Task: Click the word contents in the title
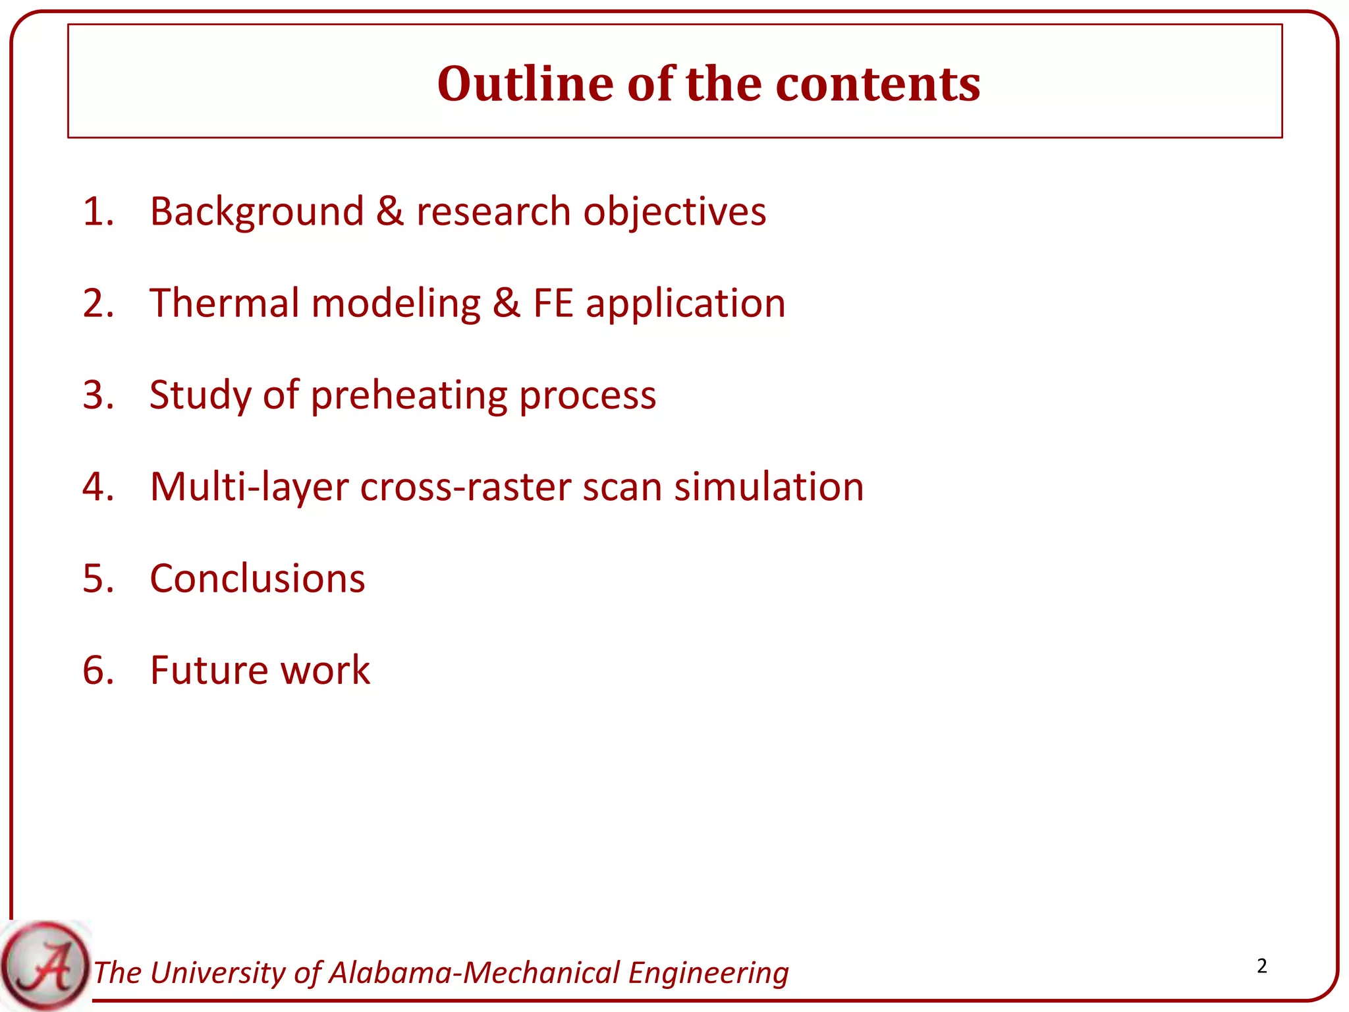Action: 878,84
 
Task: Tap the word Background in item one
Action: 257,212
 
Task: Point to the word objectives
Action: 674,212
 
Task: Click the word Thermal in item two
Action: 225,303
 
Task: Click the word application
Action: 686,304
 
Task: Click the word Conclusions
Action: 257,578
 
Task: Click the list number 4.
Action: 97,487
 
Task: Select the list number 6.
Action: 97,670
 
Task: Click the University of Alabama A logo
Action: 45,966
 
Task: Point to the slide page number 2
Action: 1261,966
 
